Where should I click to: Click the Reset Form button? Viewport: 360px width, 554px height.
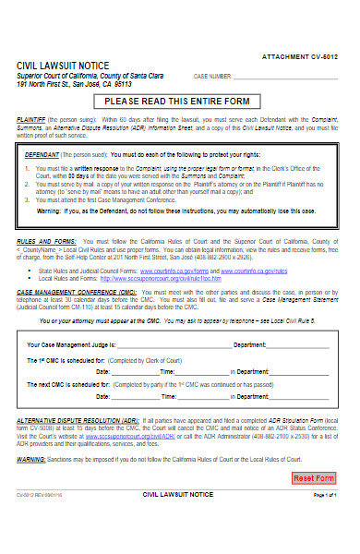pyautogui.click(x=313, y=504)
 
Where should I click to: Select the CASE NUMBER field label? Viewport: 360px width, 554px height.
pyautogui.click(x=212, y=76)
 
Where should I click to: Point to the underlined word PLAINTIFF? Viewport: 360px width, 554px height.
pyautogui.click(x=33, y=121)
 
